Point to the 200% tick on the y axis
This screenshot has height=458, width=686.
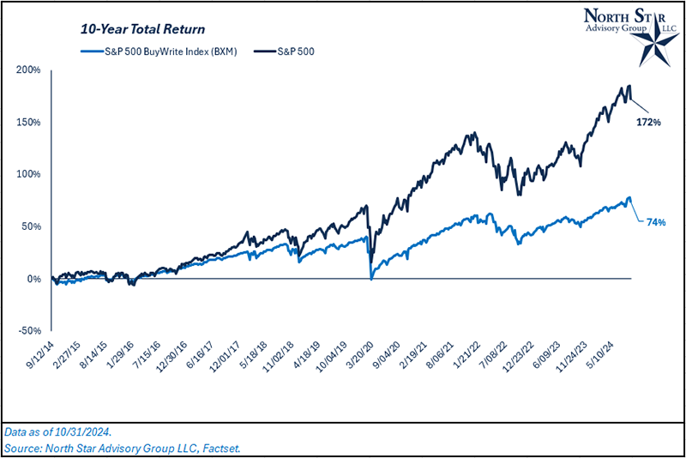point(30,69)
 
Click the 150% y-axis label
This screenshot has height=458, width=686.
point(30,122)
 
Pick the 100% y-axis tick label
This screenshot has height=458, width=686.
point(30,174)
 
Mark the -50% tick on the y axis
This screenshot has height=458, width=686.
point(30,331)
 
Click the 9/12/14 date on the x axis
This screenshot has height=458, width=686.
point(40,354)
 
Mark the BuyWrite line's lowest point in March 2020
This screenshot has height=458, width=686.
point(370,278)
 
